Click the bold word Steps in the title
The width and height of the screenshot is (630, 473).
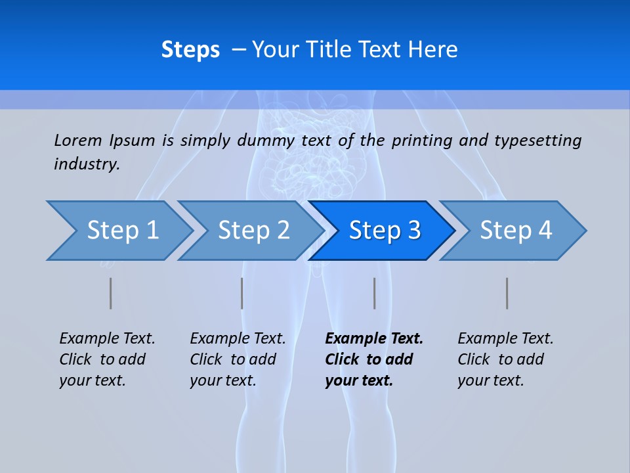190,50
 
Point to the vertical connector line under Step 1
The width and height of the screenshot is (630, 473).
111,293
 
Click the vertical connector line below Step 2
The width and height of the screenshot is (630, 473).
242,293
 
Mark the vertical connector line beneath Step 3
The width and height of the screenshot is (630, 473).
374,293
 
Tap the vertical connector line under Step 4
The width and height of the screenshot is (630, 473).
507,293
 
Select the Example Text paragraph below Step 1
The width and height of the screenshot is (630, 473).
107,359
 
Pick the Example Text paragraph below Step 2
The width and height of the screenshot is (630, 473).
238,359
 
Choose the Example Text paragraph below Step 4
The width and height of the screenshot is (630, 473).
505,359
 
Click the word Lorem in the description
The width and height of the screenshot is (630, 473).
78,141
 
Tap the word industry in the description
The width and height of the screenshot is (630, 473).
86,164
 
